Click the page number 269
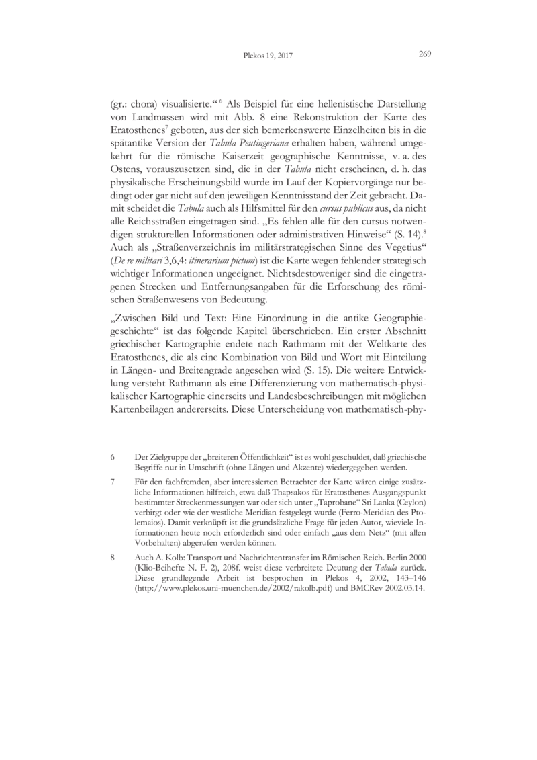pos(424,55)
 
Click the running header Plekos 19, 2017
pos(268,56)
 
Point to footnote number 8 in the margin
pos(112,557)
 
